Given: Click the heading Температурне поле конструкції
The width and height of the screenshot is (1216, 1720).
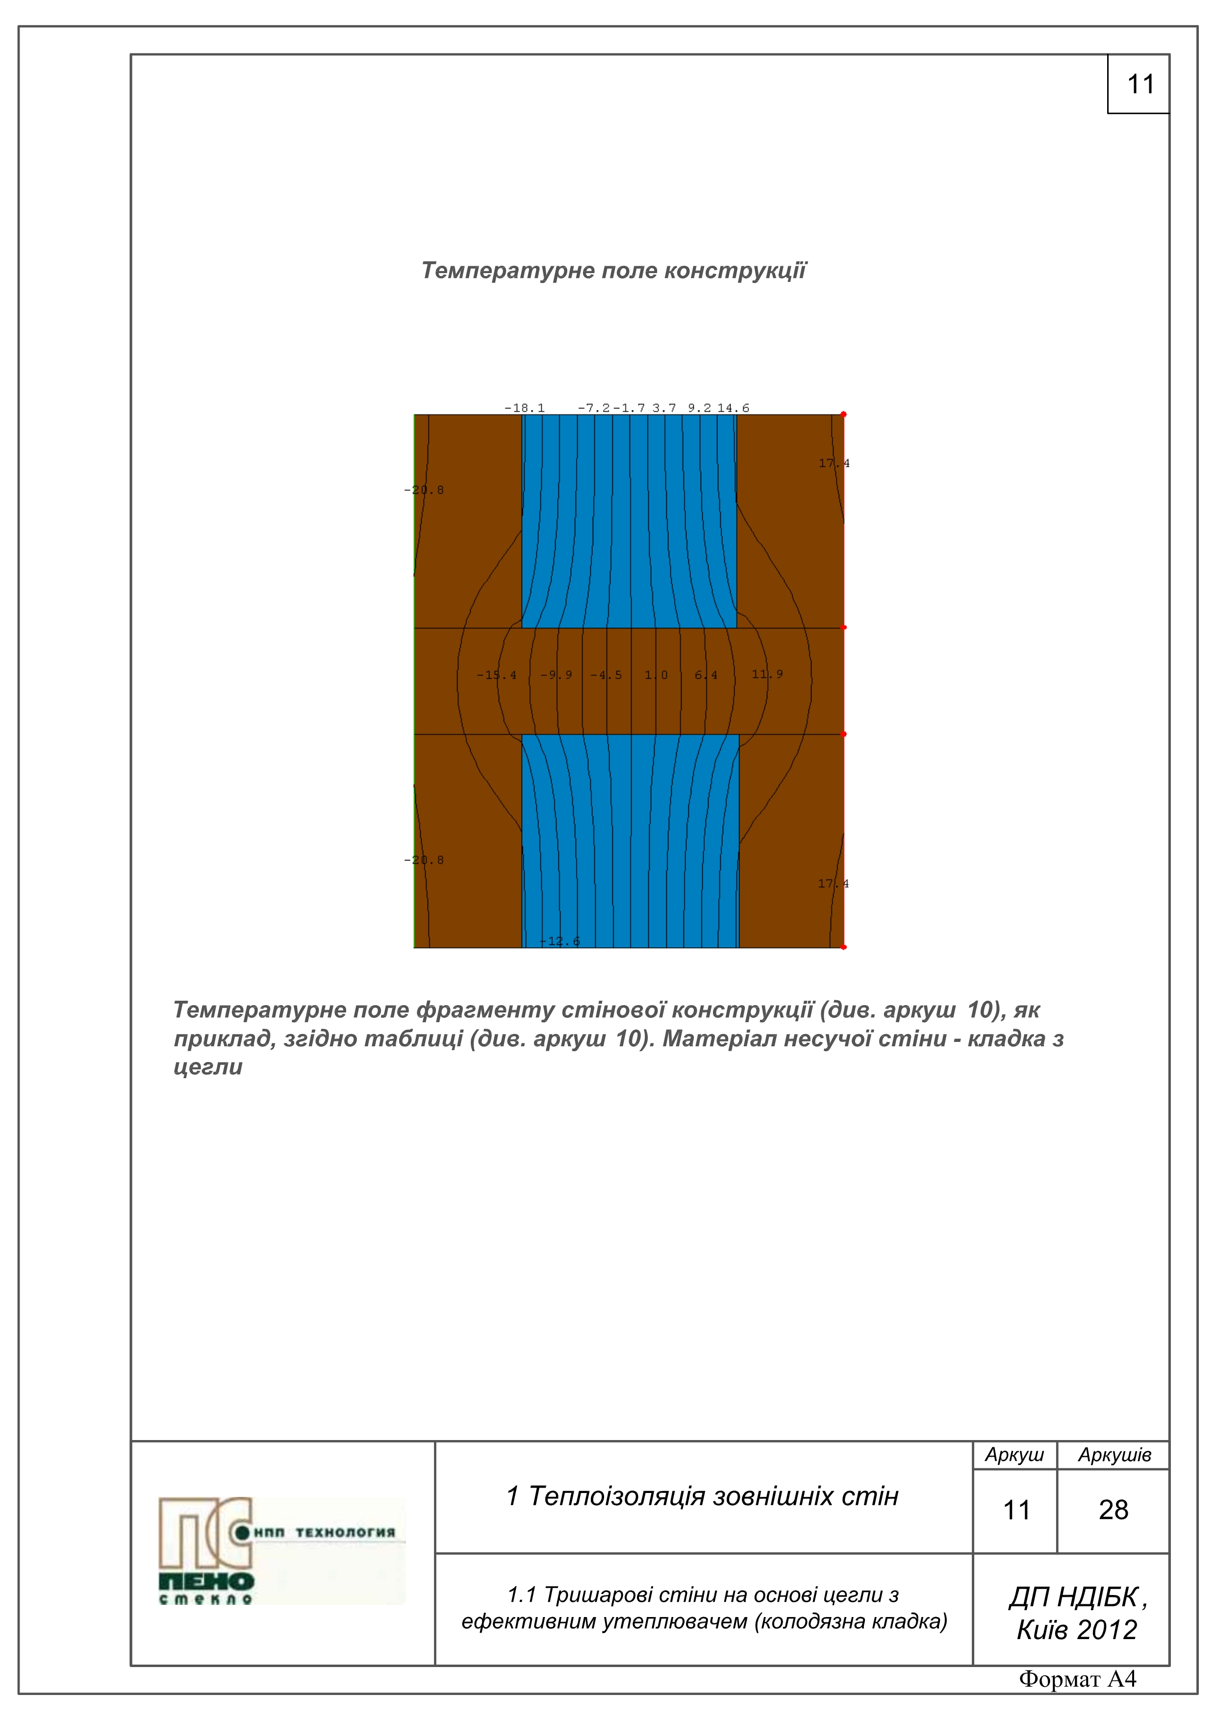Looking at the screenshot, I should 613,271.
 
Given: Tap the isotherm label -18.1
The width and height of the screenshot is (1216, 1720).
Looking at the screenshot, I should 525,408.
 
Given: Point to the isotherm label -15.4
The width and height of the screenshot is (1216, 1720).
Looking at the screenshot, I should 496,675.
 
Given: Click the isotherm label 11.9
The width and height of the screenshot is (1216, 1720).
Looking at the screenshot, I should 767,674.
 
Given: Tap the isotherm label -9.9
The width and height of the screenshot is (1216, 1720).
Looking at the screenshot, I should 556,675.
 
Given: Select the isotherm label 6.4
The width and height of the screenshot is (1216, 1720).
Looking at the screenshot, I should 706,675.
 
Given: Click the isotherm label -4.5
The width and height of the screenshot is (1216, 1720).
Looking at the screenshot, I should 606,675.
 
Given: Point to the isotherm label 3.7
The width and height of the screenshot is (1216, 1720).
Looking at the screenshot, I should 664,408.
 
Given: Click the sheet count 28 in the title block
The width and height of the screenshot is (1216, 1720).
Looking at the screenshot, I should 1114,1510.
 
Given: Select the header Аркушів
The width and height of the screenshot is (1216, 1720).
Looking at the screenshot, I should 1114,1455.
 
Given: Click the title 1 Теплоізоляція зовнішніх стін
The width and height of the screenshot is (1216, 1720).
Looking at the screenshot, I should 703,1496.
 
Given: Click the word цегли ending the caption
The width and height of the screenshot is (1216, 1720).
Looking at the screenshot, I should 208,1067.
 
